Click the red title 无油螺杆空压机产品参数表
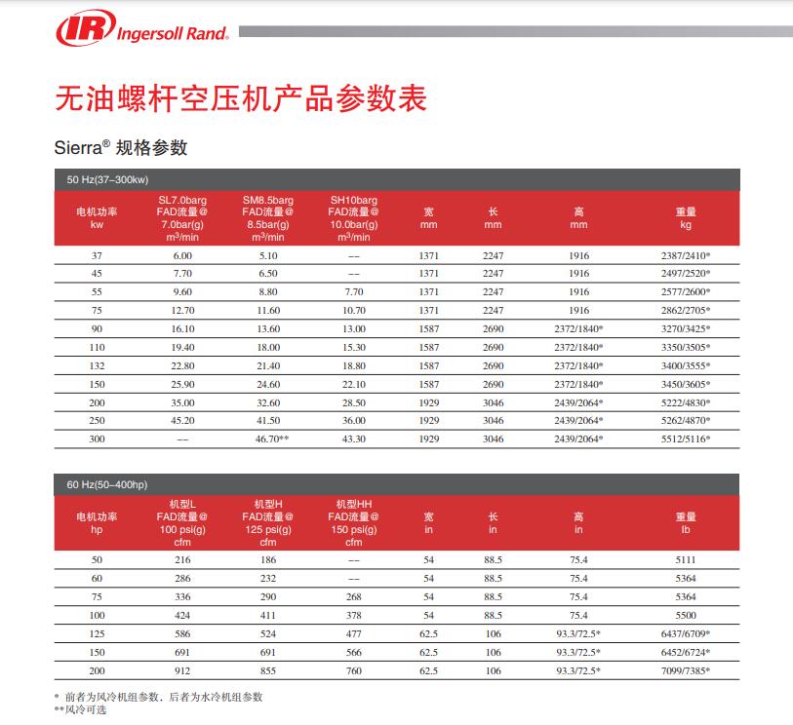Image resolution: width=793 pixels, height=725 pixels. point(241,98)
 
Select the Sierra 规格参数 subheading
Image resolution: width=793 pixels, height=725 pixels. point(120,148)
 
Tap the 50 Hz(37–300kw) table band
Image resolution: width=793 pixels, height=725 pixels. point(107,179)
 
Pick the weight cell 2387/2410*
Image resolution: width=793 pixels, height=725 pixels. point(686,254)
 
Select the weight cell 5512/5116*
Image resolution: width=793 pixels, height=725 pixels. point(686,440)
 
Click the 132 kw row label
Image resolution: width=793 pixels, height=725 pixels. point(97,365)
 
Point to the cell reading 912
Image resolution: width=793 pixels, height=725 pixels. point(182,670)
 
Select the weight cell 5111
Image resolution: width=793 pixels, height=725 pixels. point(686,559)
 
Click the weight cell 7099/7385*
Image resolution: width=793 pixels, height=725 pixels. point(686,670)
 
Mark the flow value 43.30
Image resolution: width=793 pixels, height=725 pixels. point(352,440)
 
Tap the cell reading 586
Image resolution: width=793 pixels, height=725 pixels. point(182,633)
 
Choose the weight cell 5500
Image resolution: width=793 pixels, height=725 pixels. point(686,615)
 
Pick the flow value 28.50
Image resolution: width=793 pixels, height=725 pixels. point(352,402)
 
